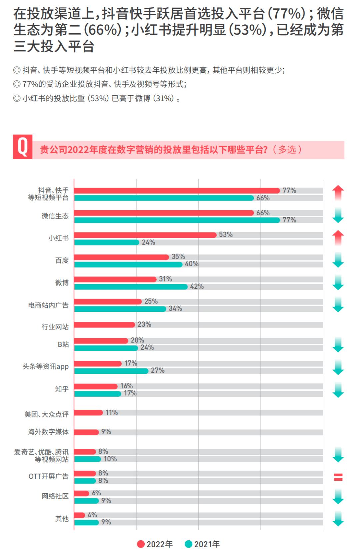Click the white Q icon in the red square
pyautogui.click(x=23, y=147)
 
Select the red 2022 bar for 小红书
pyautogui.click(x=145, y=235)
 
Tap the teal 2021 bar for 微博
pyautogui.click(x=131, y=287)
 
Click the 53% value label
pyautogui.click(x=226, y=235)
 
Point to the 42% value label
pyautogui.click(x=197, y=286)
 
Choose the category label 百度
pyautogui.click(x=62, y=261)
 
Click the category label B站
pyautogui.click(x=63, y=344)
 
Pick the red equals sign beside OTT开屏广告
pyautogui.click(x=338, y=477)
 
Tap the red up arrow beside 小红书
pyautogui.click(x=338, y=238)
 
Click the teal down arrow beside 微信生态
pyautogui.click(x=338, y=216)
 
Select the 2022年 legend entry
pyautogui.click(x=155, y=544)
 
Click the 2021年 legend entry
pyautogui.click(x=202, y=544)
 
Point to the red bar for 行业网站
pyautogui.click(x=104, y=324)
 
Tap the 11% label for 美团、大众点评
pyautogui.click(x=112, y=412)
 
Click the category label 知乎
pyautogui.click(x=62, y=389)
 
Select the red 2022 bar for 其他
pyautogui.click(x=79, y=515)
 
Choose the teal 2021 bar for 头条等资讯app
pyautogui.click(x=111, y=371)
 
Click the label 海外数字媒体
pyautogui.click(x=48, y=432)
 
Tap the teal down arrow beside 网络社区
pyautogui.click(x=338, y=496)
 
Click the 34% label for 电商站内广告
pyautogui.click(x=175, y=308)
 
